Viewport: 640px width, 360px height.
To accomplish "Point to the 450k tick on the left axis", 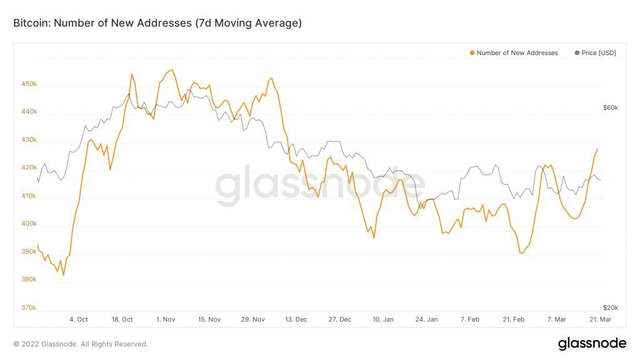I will click(x=29, y=84).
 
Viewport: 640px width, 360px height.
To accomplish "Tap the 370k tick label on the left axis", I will click(x=29, y=307).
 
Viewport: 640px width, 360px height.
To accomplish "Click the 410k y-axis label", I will click(x=29, y=196).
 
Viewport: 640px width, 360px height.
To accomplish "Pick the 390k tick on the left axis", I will click(x=29, y=252).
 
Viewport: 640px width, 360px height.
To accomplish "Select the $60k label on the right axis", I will click(x=610, y=107).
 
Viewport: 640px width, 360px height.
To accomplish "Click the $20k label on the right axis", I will click(x=610, y=307).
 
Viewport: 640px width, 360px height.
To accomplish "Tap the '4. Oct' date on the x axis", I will click(x=78, y=319).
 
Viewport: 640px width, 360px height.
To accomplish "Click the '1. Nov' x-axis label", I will click(x=166, y=319).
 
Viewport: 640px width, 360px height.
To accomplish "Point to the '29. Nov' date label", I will click(x=252, y=319).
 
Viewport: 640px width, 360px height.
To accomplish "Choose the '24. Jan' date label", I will click(x=426, y=319).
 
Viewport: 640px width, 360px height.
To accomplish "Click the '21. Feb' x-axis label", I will click(x=513, y=319).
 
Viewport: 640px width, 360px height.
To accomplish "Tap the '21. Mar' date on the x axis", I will click(x=600, y=319).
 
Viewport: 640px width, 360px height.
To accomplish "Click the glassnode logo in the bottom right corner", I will click(x=591, y=343).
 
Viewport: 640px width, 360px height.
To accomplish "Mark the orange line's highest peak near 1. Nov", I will click(x=172, y=70).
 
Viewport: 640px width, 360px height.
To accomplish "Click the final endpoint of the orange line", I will click(x=597, y=149).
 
